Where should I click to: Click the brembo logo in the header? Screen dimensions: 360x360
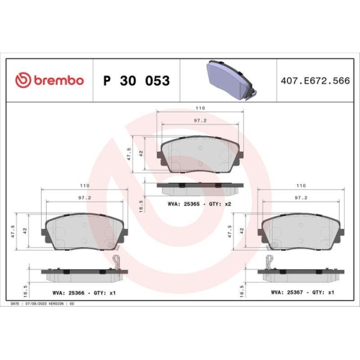click(50, 81)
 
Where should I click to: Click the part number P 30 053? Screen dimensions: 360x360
click(137, 81)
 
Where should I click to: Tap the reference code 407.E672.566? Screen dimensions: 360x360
click(319, 81)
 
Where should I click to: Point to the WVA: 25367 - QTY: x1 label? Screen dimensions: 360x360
click(302, 293)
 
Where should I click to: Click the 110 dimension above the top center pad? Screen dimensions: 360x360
click(199, 107)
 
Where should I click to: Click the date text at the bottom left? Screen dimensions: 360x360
click(43, 305)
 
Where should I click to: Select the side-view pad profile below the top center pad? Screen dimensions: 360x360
click(199, 187)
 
